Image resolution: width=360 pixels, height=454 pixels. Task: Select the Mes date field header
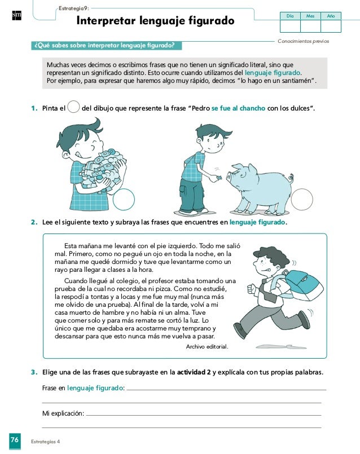pos(310,16)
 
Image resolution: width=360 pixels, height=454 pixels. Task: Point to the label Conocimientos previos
pos(304,42)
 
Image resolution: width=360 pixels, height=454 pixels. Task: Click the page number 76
pos(14,439)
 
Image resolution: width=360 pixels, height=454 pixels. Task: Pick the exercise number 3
pos(34,372)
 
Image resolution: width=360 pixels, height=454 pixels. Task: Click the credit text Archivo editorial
pos(207,347)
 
